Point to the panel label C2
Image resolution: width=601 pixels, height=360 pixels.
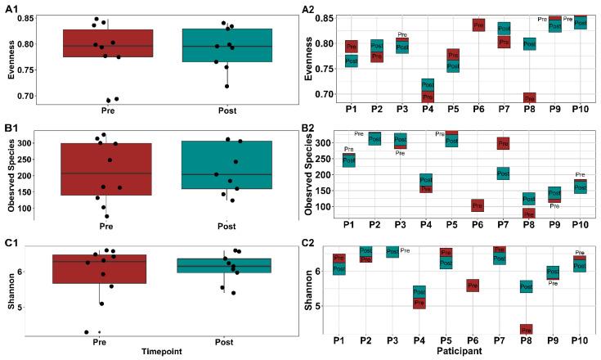(x=309, y=242)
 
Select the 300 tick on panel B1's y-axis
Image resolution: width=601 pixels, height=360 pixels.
(x=34, y=143)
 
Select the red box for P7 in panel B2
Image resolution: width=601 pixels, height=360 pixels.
(x=502, y=143)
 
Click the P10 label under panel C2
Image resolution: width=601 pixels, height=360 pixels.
(x=581, y=338)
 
